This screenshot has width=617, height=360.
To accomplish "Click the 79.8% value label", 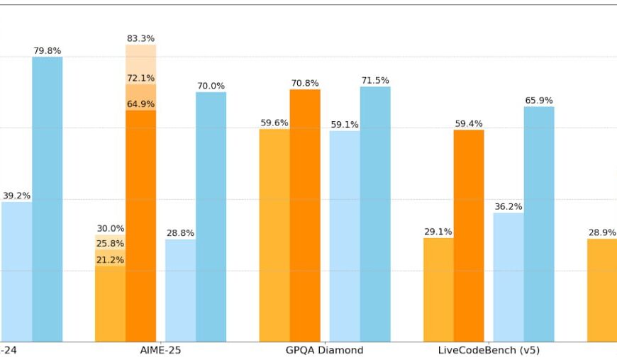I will click(x=47, y=51).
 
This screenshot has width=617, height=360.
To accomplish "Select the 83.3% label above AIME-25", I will click(x=140, y=38).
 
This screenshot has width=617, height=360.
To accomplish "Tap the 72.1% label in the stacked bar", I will click(x=140, y=78).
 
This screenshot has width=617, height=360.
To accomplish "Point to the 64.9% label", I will click(x=140, y=104).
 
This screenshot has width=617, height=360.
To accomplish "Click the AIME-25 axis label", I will click(x=160, y=350).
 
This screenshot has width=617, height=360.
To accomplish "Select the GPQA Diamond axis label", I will click(x=324, y=350).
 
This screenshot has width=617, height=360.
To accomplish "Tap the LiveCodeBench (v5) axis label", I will click(x=489, y=350).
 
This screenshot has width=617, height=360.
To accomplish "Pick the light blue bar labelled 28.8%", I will click(x=180, y=291).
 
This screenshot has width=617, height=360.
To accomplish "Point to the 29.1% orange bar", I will click(x=438, y=290).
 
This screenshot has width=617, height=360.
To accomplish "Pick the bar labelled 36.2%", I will click(x=508, y=277).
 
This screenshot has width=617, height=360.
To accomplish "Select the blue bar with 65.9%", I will click(x=539, y=224).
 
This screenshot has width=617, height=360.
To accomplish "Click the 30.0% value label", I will click(x=110, y=228).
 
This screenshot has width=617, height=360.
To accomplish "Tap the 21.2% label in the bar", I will click(x=110, y=260).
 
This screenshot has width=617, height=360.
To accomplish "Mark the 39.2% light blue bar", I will click(x=16, y=272).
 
